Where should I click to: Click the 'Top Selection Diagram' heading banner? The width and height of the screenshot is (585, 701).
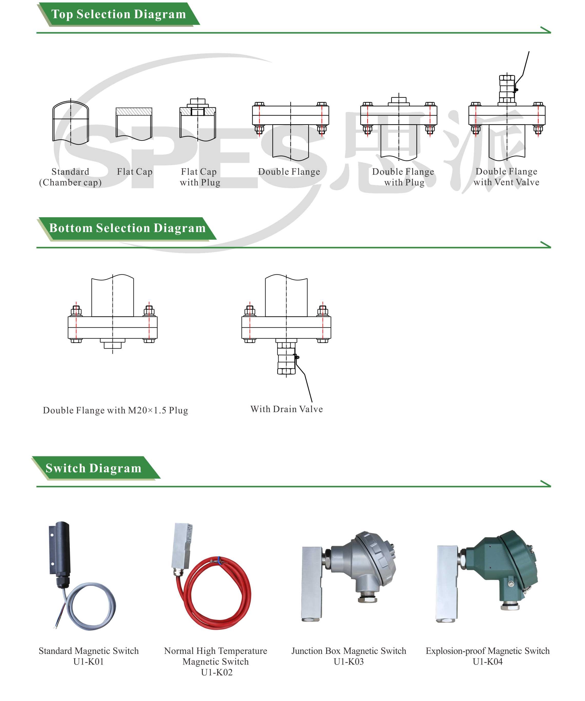point(119,14)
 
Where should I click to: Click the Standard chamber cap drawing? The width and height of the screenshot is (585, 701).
point(70,122)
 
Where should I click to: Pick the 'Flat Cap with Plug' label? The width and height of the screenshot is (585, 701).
point(200,177)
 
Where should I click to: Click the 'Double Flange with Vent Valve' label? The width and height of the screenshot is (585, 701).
point(506,177)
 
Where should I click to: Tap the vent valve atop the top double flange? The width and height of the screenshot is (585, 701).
point(507,89)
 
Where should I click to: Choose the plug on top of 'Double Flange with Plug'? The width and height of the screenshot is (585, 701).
point(399,100)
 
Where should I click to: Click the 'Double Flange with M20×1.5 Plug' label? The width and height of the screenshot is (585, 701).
point(116,410)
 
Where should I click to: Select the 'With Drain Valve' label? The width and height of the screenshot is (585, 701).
point(286,409)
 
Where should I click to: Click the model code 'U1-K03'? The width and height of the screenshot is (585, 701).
point(348,662)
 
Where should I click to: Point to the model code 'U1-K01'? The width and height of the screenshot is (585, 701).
point(88,662)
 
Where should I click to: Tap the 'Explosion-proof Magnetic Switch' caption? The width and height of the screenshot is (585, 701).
point(487,651)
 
